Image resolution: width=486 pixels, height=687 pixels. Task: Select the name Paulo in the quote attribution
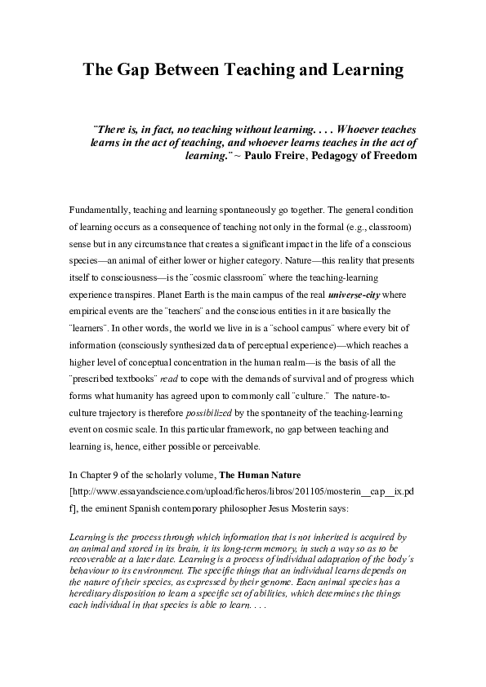click(261, 155)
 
